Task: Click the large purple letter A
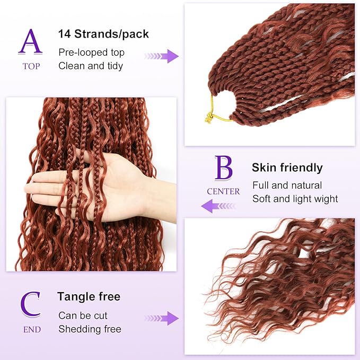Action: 30,42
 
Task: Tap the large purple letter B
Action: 223,169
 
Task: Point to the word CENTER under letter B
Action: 223,191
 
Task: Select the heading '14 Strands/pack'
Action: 103,34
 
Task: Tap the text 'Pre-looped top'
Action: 91,52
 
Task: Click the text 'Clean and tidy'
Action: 91,66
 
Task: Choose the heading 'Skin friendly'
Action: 287,168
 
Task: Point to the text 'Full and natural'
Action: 287,186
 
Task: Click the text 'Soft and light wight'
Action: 295,199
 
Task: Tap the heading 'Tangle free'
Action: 89,296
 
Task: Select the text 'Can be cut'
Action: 83,315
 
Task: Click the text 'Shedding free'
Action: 90,329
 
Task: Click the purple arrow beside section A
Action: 162,56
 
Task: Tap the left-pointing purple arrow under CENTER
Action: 218,206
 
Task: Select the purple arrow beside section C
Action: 162,318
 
